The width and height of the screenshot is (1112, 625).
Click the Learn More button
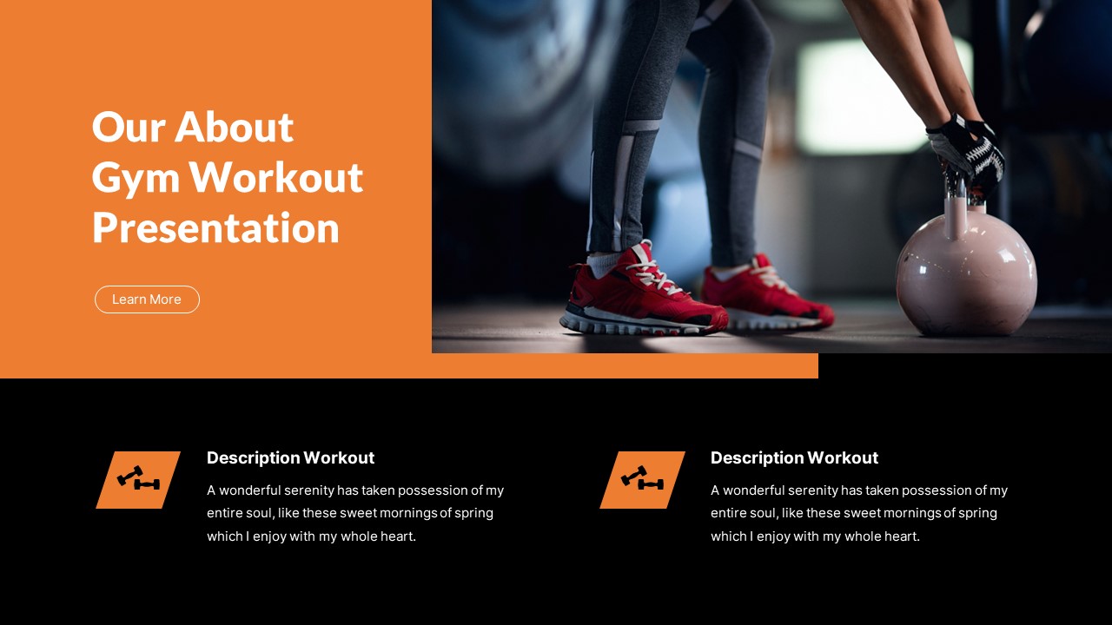[147, 299]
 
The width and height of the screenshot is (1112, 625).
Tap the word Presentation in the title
[215, 228]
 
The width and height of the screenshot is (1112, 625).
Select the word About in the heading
[235, 127]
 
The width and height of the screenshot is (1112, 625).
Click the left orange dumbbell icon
[138, 480]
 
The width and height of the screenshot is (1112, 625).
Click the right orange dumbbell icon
[642, 480]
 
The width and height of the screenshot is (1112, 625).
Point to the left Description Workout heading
[290, 457]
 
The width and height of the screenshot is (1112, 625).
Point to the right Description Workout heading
[794, 457]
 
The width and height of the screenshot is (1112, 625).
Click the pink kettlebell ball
[966, 273]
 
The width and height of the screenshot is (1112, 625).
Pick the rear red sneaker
[764, 293]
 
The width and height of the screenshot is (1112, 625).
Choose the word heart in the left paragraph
[397, 536]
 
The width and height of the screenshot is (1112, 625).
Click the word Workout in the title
[276, 178]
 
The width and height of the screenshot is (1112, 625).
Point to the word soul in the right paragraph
[764, 513]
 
